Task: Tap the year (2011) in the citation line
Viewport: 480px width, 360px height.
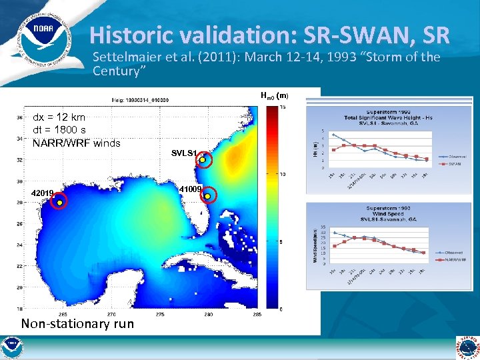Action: (x=219, y=57)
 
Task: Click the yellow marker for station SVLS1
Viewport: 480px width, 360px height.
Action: (x=203, y=160)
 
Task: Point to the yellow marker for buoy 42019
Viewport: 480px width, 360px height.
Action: (x=59, y=202)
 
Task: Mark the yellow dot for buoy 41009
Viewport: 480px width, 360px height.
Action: (x=207, y=197)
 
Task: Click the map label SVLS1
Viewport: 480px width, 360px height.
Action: (x=183, y=153)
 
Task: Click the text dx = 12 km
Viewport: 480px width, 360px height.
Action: (x=59, y=117)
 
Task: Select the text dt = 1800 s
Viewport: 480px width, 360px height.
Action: (x=59, y=130)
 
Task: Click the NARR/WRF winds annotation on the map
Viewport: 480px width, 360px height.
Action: (x=77, y=143)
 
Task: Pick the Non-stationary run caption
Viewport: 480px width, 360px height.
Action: (x=77, y=324)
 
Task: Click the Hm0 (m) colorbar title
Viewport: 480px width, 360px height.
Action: (x=274, y=95)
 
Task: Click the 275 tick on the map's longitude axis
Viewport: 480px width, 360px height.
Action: (x=161, y=314)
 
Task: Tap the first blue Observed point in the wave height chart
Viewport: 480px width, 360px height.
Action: (x=334, y=135)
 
